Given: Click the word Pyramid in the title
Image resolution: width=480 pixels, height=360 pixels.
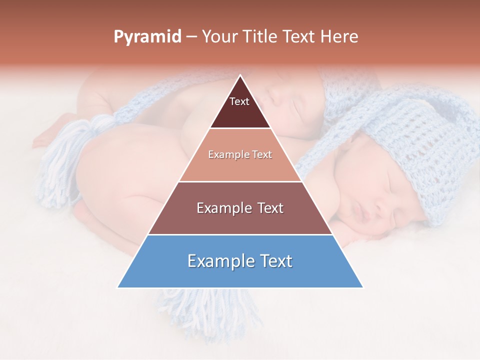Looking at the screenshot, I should pyautogui.click(x=147, y=37).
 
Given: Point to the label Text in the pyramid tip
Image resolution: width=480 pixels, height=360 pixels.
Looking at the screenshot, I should pyautogui.click(x=239, y=101).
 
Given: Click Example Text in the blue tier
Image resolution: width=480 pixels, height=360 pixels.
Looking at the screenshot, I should pyautogui.click(x=240, y=261).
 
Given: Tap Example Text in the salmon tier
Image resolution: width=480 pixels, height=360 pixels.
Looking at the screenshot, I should pyautogui.click(x=240, y=154).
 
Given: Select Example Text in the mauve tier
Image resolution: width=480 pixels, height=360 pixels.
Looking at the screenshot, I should pyautogui.click(x=240, y=208).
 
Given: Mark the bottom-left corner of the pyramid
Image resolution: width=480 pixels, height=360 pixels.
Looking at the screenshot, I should pyautogui.click(x=118, y=287).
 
